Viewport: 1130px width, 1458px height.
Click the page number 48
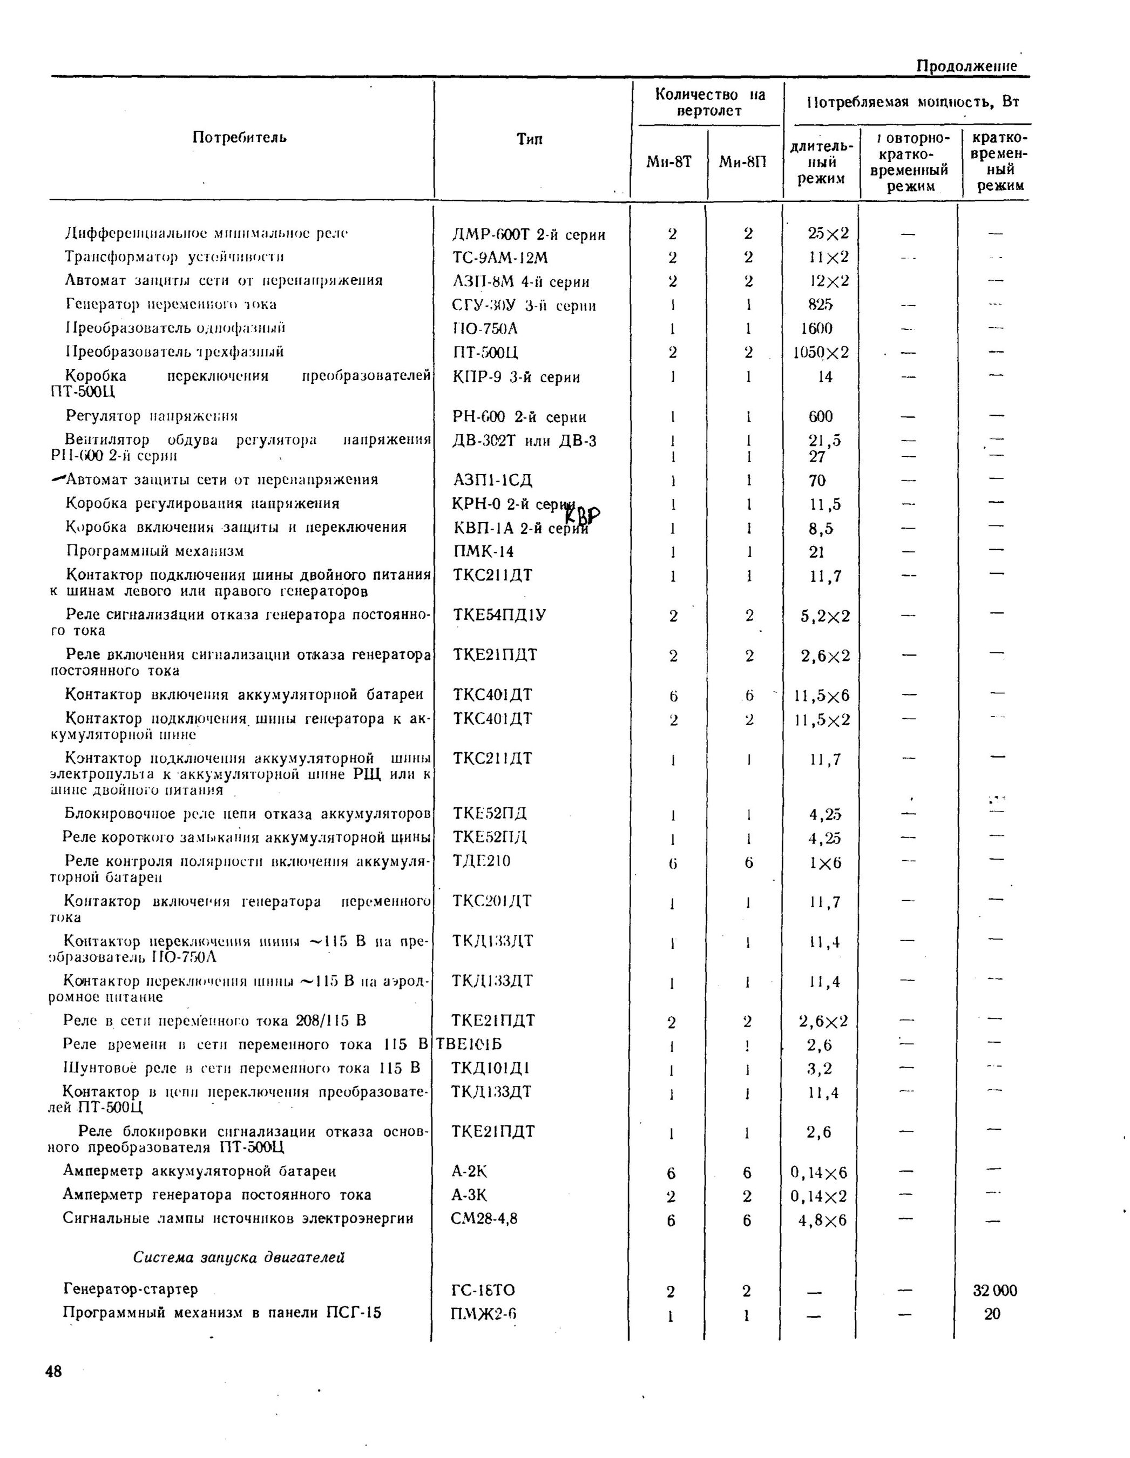pyautogui.click(x=53, y=1371)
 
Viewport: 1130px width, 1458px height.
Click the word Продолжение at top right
pyautogui.click(x=966, y=66)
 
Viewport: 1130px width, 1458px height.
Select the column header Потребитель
pyautogui.click(x=240, y=138)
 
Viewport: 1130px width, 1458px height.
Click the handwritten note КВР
pyautogui.click(x=582, y=515)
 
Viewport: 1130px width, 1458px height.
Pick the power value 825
pyautogui.click(x=820, y=305)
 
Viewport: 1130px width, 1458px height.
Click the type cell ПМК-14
pyautogui.click(x=483, y=551)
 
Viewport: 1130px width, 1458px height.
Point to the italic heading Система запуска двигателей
pyautogui.click(x=239, y=1257)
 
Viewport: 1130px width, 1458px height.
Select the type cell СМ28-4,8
pyautogui.click(x=485, y=1218)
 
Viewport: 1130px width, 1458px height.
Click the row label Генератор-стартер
pyautogui.click(x=130, y=1288)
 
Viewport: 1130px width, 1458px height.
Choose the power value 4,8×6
pyautogui.click(x=822, y=1220)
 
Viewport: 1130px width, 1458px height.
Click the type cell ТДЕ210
pyautogui.click(x=481, y=861)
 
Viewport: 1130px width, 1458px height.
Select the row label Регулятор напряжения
pyautogui.click(x=152, y=416)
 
